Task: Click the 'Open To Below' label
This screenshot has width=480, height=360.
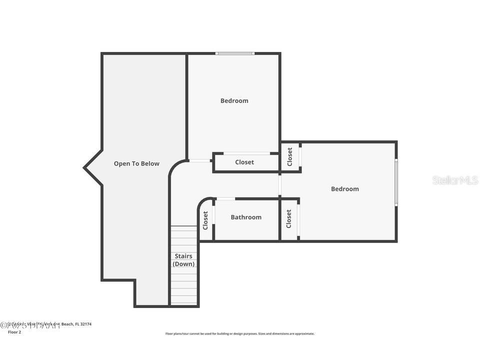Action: click(x=136, y=163)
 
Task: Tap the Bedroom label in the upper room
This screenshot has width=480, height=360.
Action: click(x=234, y=100)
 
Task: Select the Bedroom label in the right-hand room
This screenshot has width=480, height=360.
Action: click(x=344, y=189)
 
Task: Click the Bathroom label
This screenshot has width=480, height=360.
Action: click(x=245, y=217)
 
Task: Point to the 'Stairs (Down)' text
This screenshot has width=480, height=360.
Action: click(x=183, y=260)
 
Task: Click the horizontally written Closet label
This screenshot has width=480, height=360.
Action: click(x=244, y=162)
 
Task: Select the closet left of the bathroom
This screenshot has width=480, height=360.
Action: click(x=205, y=220)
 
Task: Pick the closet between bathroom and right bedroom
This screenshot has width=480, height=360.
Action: click(x=288, y=219)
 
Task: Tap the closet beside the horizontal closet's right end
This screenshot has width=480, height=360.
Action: click(x=289, y=157)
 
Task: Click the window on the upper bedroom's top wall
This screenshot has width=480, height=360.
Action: click(x=235, y=53)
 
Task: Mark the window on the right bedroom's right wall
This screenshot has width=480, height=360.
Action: click(x=396, y=182)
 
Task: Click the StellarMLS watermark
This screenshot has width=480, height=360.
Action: click(x=455, y=180)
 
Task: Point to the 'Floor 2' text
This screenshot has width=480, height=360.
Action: click(x=14, y=332)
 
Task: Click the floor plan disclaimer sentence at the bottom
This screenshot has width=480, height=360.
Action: click(x=239, y=333)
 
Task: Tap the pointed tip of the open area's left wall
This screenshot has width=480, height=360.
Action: click(x=84, y=167)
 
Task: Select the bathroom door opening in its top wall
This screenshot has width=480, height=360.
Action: click(x=225, y=199)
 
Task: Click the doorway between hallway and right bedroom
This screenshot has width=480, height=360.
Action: click(x=280, y=185)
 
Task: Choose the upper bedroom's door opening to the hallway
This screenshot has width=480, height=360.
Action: click(x=200, y=160)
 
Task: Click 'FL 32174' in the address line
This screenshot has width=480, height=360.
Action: click(x=83, y=324)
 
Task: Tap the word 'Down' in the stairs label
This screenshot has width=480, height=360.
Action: click(x=183, y=264)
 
